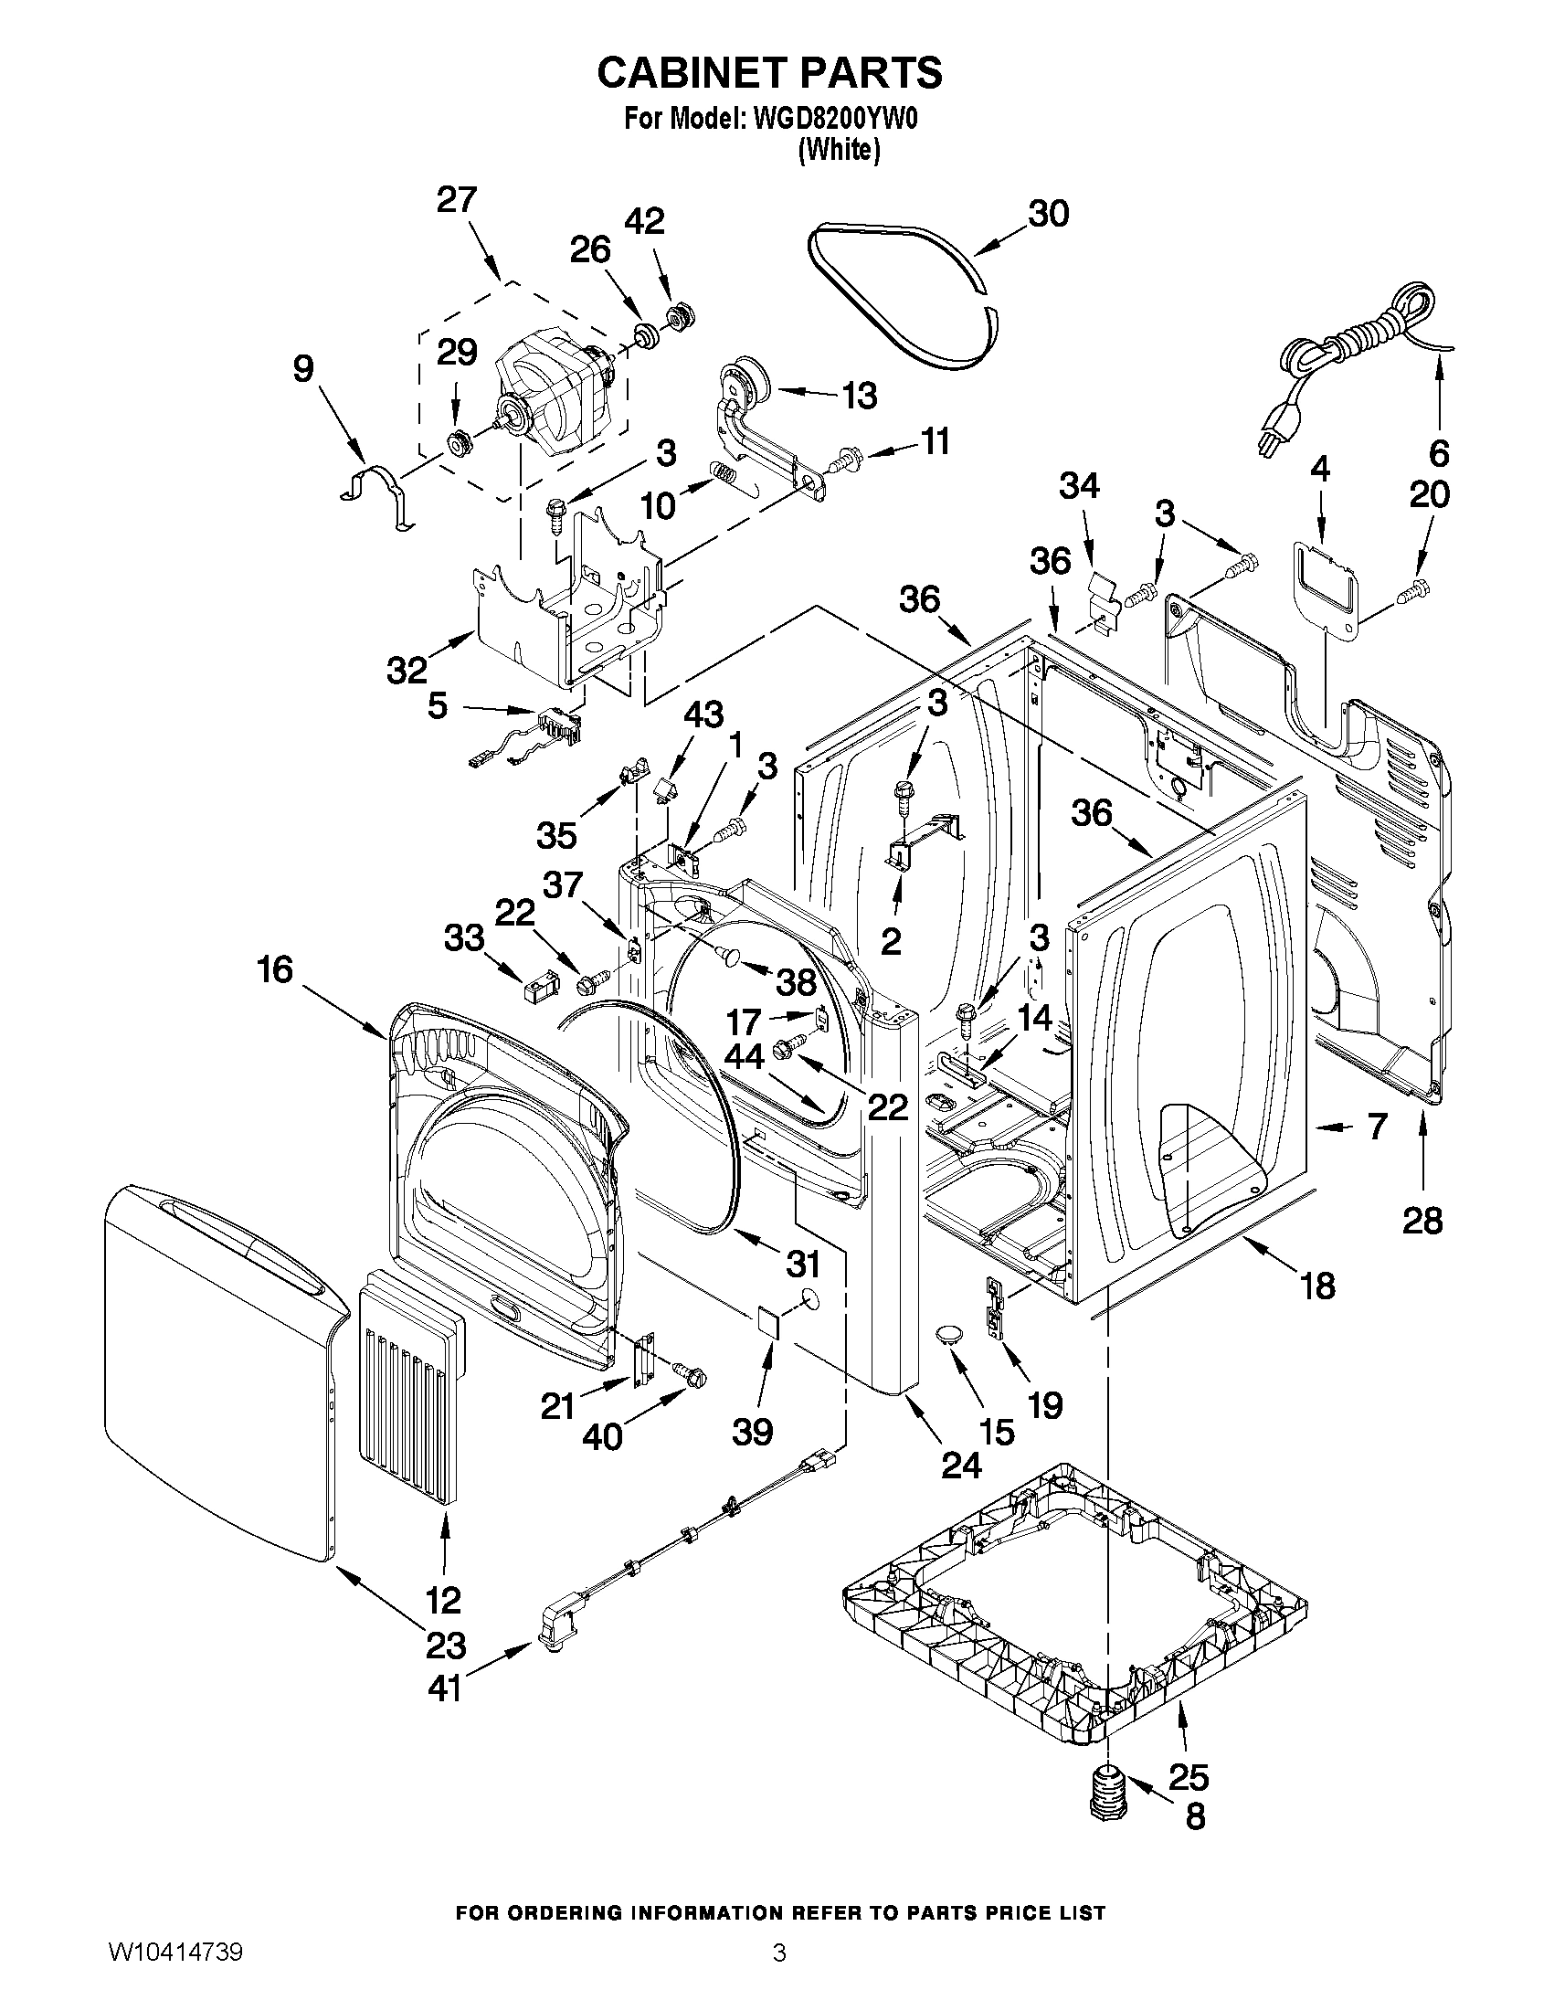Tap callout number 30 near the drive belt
pos(1048,214)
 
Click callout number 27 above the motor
pos(457,200)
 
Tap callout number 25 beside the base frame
pos(1188,1775)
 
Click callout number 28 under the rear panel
pos(1422,1221)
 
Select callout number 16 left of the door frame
pos(275,969)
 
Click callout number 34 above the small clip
pos(1079,485)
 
